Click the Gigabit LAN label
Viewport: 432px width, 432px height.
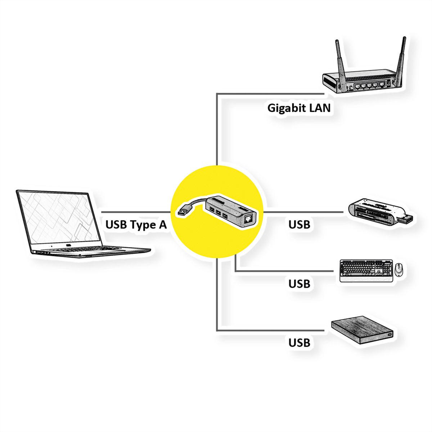[x=299, y=108]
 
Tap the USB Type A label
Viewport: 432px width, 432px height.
[x=136, y=225]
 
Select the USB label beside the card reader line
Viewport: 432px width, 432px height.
[x=299, y=225]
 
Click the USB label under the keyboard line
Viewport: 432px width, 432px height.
[x=299, y=284]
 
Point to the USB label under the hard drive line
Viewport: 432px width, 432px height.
[x=299, y=342]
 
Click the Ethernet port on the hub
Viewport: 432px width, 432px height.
[x=248, y=218]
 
